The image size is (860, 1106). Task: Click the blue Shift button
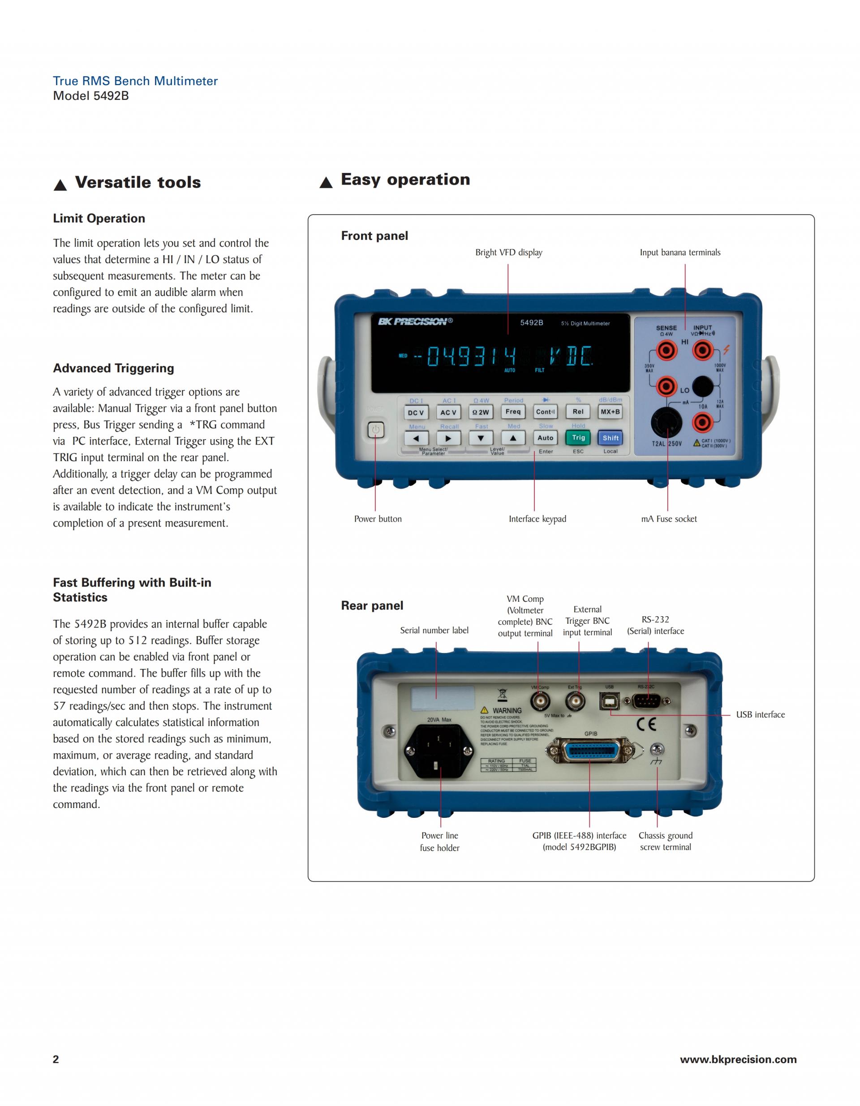[x=610, y=437]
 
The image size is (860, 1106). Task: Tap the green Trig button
[x=578, y=437]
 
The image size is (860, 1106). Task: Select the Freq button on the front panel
[x=513, y=412]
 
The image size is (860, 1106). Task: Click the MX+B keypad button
[x=610, y=412]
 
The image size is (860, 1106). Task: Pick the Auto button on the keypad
[x=545, y=437]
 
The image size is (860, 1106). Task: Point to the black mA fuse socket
[x=666, y=422]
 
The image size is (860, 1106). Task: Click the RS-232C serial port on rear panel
[x=646, y=701]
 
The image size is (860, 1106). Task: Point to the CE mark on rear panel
[x=646, y=724]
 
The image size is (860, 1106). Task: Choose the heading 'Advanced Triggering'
[x=113, y=368]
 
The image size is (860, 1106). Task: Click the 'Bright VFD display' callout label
[x=508, y=252]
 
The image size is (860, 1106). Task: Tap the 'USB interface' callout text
[x=760, y=714]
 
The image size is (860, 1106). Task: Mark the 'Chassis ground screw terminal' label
[x=665, y=841]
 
